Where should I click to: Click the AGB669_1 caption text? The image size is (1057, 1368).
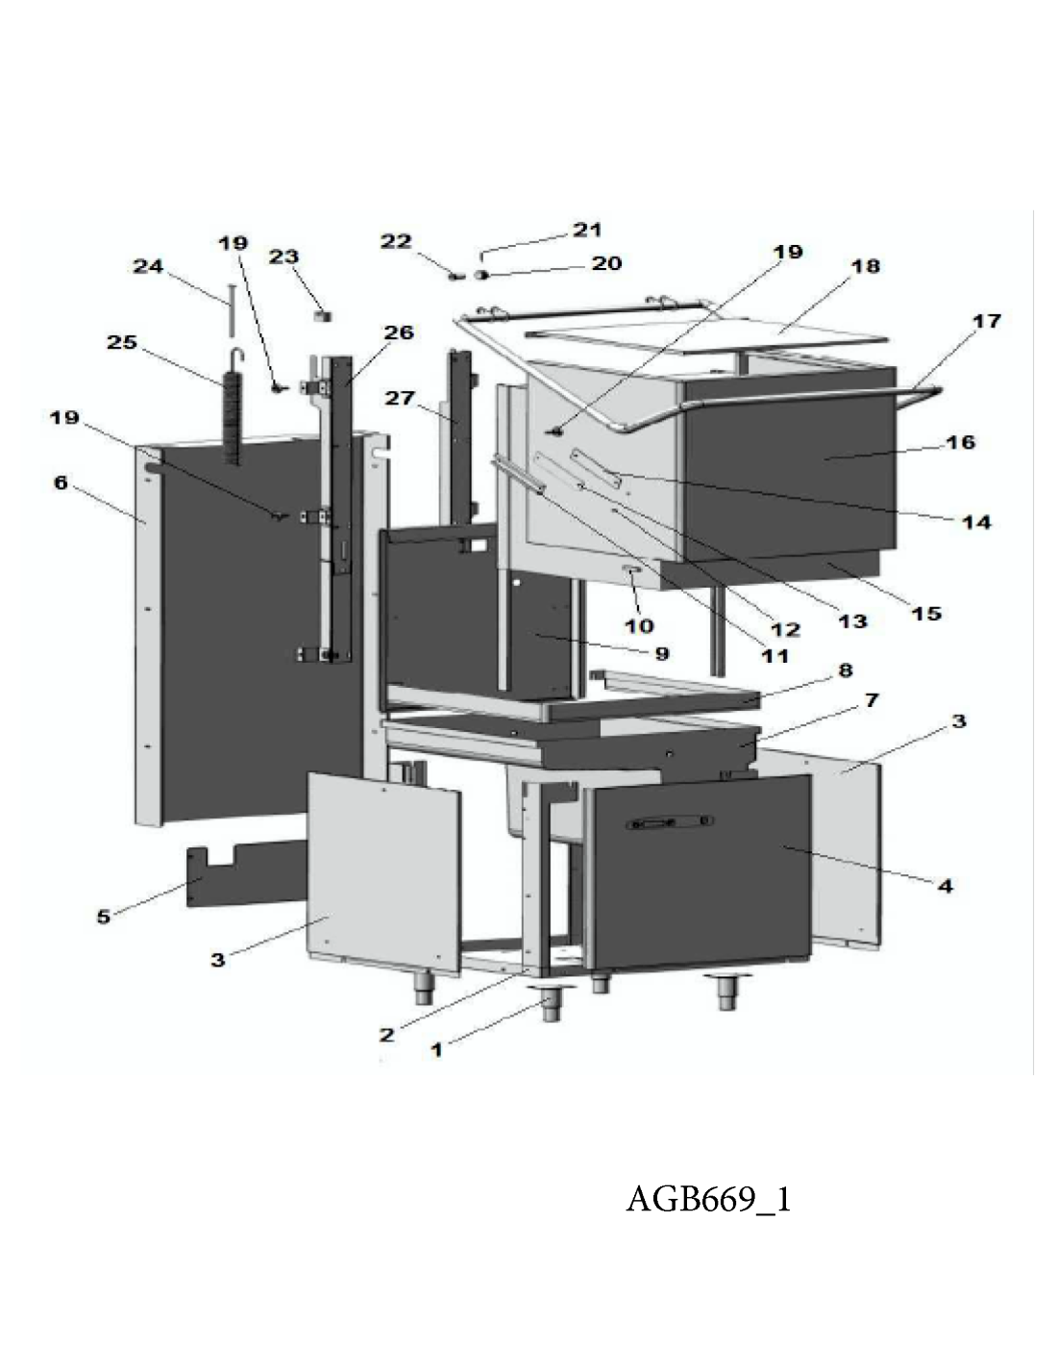pyautogui.click(x=708, y=1199)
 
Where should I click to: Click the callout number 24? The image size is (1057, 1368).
pyautogui.click(x=148, y=267)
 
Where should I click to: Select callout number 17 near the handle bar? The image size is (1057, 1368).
pyautogui.click(x=987, y=321)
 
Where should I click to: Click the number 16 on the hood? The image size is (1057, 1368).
pyautogui.click(x=960, y=443)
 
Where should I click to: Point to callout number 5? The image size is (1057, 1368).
pyautogui.click(x=105, y=916)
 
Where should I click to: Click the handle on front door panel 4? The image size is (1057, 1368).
pyautogui.click(x=669, y=823)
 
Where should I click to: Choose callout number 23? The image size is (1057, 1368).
pyautogui.click(x=283, y=256)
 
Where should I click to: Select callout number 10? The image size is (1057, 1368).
pyautogui.click(x=639, y=625)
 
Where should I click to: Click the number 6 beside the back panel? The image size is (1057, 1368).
pyautogui.click(x=61, y=482)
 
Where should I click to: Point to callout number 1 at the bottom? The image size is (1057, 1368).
pyautogui.click(x=436, y=1050)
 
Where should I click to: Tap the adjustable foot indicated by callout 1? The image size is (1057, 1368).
pyautogui.click(x=551, y=1006)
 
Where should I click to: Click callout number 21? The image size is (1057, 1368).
pyautogui.click(x=586, y=230)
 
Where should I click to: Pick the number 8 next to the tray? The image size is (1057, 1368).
pyautogui.click(x=845, y=671)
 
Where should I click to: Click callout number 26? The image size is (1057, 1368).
pyautogui.click(x=399, y=332)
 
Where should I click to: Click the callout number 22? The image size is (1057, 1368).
pyautogui.click(x=396, y=242)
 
